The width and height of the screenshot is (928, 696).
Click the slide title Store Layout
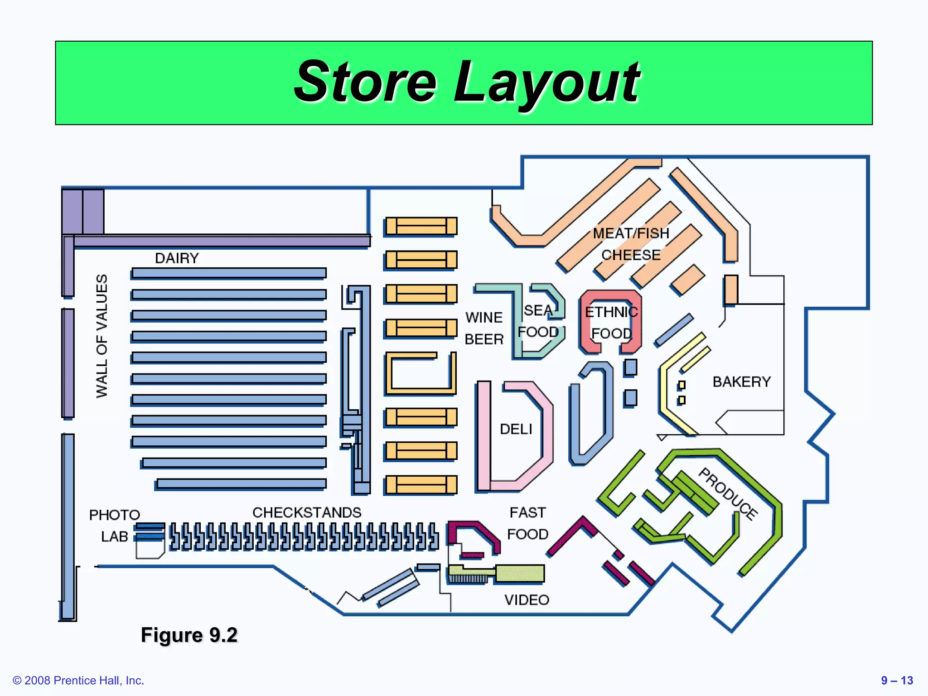click(467, 82)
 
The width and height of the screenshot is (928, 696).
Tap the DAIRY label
click(177, 258)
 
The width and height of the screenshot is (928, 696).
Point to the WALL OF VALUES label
click(102, 336)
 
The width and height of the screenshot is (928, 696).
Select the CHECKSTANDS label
click(307, 512)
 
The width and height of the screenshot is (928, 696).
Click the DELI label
click(516, 429)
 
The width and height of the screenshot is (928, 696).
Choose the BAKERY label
click(741, 382)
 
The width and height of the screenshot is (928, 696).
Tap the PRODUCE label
click(728, 493)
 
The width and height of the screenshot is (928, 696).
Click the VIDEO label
click(527, 600)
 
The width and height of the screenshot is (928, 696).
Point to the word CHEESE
click(631, 255)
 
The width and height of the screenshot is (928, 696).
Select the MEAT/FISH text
click(631, 233)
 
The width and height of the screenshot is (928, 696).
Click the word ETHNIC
click(611, 312)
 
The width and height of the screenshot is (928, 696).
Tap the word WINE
click(484, 317)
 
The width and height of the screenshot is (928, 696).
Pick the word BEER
click(484, 339)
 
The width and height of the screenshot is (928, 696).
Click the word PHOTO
click(115, 515)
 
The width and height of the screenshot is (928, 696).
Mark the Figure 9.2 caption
click(189, 635)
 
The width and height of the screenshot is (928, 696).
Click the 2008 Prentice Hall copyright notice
click(78, 681)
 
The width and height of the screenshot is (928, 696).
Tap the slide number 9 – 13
click(897, 681)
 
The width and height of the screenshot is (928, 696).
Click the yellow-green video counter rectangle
click(520, 573)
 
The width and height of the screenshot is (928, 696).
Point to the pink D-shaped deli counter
click(484, 435)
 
